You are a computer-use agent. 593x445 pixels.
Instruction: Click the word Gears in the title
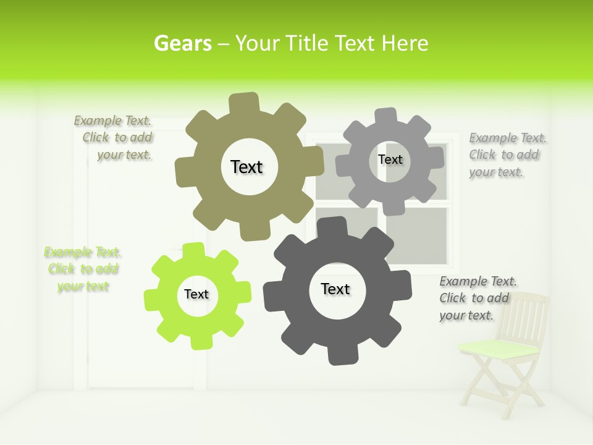(x=182, y=43)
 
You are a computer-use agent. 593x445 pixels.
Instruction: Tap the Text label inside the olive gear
(x=246, y=167)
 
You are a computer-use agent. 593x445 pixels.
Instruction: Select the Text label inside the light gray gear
(x=390, y=159)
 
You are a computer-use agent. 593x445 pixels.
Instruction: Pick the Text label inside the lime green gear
(x=196, y=294)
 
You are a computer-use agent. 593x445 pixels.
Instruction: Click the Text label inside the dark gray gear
(x=335, y=289)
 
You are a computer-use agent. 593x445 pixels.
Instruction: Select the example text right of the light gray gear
(x=507, y=155)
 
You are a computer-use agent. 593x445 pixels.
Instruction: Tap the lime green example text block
(x=83, y=269)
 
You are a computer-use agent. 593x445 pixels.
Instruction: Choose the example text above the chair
(x=477, y=298)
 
